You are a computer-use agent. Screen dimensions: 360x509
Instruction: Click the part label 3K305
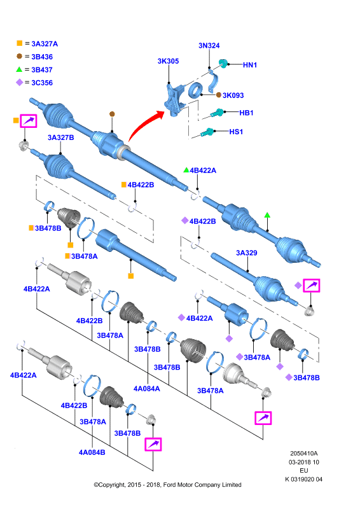tap(168, 61)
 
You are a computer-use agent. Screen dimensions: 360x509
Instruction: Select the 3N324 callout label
tap(209, 45)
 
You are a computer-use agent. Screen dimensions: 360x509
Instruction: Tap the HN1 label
tap(250, 65)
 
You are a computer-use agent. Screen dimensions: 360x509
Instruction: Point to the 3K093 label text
tap(233, 95)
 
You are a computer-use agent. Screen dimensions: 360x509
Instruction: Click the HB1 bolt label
tap(246, 113)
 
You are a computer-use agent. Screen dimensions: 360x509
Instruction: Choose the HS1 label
tap(236, 132)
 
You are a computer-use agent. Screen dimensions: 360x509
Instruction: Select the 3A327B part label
tap(60, 137)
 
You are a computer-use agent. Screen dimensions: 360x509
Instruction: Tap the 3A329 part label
tap(247, 253)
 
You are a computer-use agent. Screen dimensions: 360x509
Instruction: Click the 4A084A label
tap(147, 389)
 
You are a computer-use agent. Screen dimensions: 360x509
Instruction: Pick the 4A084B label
tap(92, 452)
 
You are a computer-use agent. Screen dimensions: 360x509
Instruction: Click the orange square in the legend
tap(20, 43)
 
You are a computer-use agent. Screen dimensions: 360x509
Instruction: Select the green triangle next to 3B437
tap(19, 69)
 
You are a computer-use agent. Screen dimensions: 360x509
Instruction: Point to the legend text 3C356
tap(42, 83)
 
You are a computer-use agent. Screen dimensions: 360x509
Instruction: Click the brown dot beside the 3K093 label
tap(219, 95)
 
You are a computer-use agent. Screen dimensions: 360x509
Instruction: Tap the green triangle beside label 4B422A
tap(186, 170)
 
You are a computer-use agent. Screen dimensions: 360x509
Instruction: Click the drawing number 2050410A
tap(304, 454)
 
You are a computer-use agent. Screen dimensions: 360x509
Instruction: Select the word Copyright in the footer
tap(111, 485)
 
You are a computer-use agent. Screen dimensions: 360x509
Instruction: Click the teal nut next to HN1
tap(223, 63)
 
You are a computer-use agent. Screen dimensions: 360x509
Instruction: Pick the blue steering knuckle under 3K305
tap(176, 99)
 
